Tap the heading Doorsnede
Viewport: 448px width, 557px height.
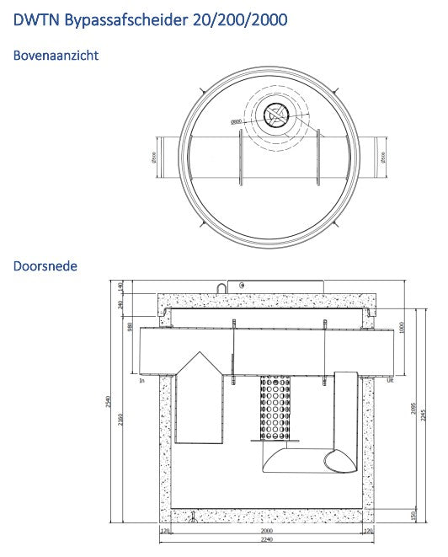point(45,266)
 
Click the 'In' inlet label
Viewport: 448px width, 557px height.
point(143,381)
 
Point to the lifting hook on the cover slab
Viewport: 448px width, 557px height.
point(221,288)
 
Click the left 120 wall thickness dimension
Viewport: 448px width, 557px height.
point(166,533)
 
